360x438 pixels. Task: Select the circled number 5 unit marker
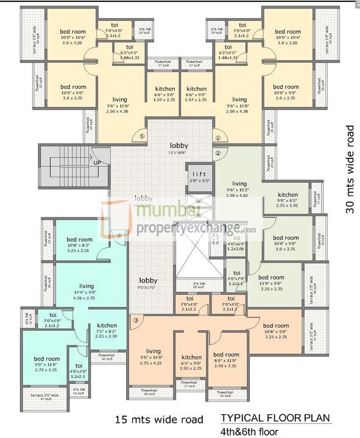click(142, 136)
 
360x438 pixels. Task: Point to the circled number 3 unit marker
click(136, 320)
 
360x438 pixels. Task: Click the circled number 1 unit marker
click(216, 137)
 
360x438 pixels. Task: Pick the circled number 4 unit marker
click(119, 235)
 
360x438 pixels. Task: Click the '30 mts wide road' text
click(350, 169)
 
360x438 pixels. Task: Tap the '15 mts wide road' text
click(158, 420)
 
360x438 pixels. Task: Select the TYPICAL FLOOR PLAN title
click(276, 419)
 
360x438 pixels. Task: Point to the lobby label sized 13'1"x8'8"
click(179, 146)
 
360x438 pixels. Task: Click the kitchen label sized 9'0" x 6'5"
click(288, 195)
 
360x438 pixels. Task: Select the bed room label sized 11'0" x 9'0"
click(271, 277)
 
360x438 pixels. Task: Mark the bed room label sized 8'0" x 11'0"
click(225, 355)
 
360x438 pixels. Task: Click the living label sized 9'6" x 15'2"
click(239, 183)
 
